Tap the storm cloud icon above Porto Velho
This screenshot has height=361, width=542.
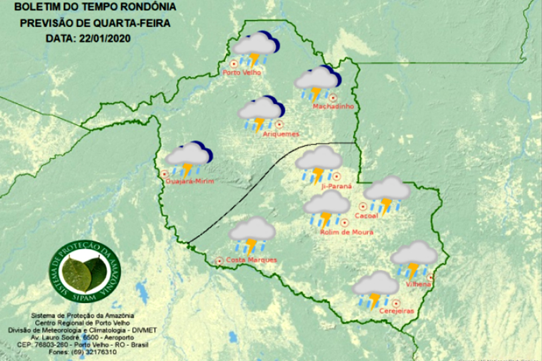coord(256,49)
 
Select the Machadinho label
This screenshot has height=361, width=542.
coord(333,106)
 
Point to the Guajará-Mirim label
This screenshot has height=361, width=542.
coord(189,181)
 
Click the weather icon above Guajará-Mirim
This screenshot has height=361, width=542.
coord(189,159)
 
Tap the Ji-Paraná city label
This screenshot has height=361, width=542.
coord(336,186)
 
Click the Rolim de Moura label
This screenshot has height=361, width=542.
coord(346,232)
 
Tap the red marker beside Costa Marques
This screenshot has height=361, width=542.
coord(219,261)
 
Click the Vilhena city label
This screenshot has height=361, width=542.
coord(418,285)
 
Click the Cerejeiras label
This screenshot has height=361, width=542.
coord(397,311)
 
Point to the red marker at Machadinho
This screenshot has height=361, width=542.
coord(333,97)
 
